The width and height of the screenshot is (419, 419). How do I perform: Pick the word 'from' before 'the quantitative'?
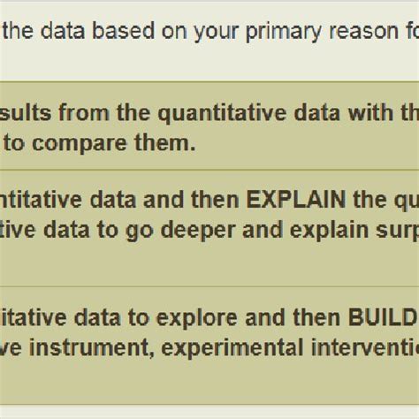pos(105,112)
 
